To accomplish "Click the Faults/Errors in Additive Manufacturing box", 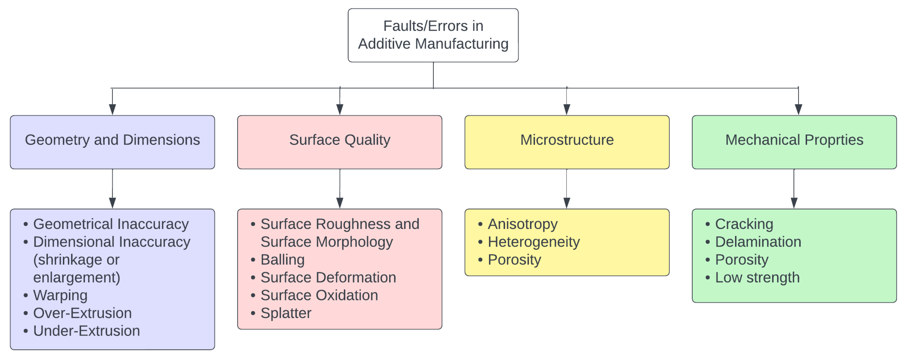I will (x=433, y=35).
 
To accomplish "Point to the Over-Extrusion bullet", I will (x=82, y=313).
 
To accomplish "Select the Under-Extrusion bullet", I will (x=86, y=331).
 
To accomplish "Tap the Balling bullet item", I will (x=283, y=260).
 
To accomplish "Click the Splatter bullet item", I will (x=286, y=313).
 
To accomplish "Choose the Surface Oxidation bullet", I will (x=319, y=295).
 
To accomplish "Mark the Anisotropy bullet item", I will (x=523, y=224).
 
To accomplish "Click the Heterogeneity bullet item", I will (x=533, y=242).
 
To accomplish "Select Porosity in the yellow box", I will (x=514, y=260).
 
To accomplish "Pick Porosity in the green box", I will (x=742, y=260).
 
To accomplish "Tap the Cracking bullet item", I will (x=744, y=224).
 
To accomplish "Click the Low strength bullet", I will (x=757, y=278).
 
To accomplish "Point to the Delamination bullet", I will (x=758, y=242).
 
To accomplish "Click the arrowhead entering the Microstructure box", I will (x=566, y=110).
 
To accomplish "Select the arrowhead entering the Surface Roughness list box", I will (x=339, y=203).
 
